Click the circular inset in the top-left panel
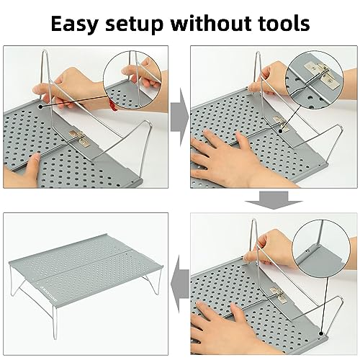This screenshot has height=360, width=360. tap(133, 75)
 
